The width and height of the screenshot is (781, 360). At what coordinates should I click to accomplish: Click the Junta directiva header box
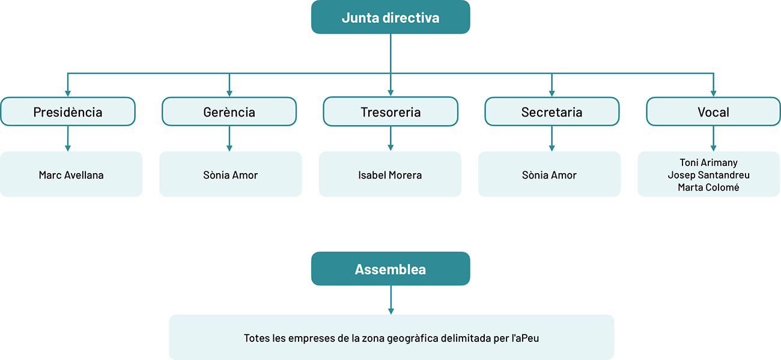pyautogui.click(x=390, y=17)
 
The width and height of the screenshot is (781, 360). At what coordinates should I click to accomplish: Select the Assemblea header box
pyautogui.click(x=390, y=269)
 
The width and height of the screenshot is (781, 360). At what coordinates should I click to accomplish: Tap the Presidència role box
pyautogui.click(x=68, y=112)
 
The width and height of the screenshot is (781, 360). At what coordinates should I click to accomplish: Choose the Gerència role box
pyautogui.click(x=229, y=112)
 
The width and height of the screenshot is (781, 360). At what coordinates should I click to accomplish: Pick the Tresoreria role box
pyautogui.click(x=390, y=112)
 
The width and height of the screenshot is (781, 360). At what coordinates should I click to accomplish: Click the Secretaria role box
pyautogui.click(x=552, y=112)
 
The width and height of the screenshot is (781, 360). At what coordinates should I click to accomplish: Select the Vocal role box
pyautogui.click(x=713, y=112)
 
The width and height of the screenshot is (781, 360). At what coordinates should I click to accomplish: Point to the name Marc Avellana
pyautogui.click(x=71, y=175)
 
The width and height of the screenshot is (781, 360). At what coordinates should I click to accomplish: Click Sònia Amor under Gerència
pyautogui.click(x=230, y=175)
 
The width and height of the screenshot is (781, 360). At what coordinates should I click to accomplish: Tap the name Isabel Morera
pyautogui.click(x=390, y=175)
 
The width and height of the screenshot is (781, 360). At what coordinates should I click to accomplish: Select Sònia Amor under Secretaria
pyautogui.click(x=549, y=175)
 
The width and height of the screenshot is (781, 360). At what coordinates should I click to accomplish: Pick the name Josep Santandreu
pyautogui.click(x=708, y=175)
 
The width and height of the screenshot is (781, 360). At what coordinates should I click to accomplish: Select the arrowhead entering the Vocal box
pyautogui.click(x=713, y=93)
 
